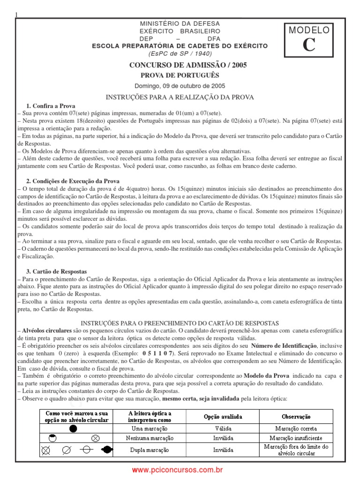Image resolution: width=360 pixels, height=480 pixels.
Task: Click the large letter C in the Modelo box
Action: pyautogui.click(x=308, y=45)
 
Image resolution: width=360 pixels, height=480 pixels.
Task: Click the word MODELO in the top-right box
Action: pyautogui.click(x=309, y=30)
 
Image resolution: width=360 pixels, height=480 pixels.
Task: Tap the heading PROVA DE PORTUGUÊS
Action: pyautogui.click(x=180, y=75)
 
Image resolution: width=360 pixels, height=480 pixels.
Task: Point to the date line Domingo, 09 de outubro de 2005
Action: pyautogui.click(x=180, y=86)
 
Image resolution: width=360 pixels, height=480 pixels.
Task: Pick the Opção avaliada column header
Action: pyautogui.click(x=223, y=416)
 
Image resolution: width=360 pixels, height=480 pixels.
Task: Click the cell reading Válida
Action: pyautogui.click(x=223, y=428)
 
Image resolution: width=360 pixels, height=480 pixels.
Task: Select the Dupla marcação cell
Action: pyautogui.click(x=150, y=450)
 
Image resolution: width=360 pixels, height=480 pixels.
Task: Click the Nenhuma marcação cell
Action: pyautogui.click(x=150, y=438)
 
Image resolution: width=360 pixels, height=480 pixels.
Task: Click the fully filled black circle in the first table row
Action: pyautogui.click(x=73, y=428)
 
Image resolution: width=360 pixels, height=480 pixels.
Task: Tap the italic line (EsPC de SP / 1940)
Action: pyautogui.click(x=180, y=52)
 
